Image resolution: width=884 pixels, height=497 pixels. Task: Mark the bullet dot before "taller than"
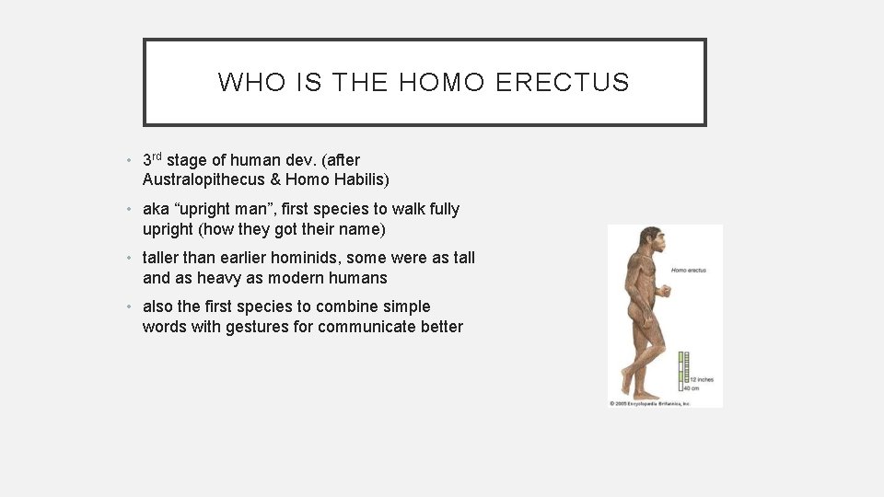pyautogui.click(x=132, y=259)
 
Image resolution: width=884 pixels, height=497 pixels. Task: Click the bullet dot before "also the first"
pyautogui.click(x=132, y=307)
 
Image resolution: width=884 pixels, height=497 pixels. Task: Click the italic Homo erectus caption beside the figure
pyautogui.click(x=689, y=271)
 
